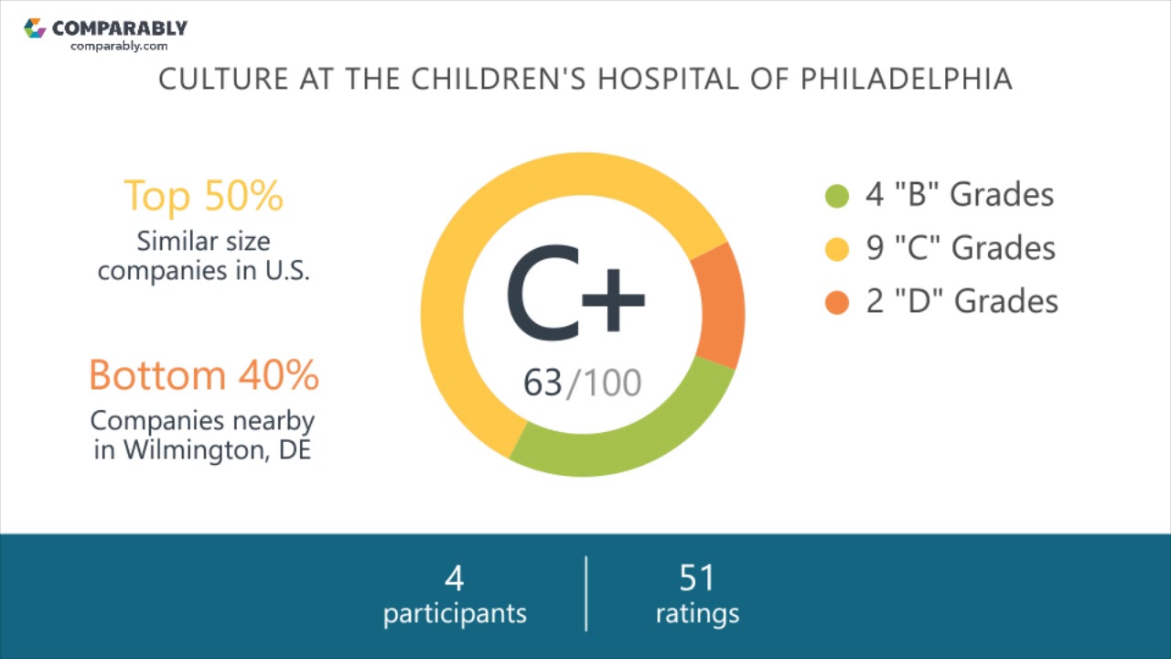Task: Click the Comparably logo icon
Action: tap(35, 28)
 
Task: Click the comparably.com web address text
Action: tap(119, 46)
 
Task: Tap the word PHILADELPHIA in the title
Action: tap(907, 79)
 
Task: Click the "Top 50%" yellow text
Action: tap(203, 195)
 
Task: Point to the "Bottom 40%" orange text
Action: tap(203, 374)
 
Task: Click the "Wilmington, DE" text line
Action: tap(202, 450)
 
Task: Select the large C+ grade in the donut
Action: tap(575, 291)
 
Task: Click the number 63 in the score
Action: tap(543, 383)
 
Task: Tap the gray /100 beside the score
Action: tap(604, 383)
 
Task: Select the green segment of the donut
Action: tap(622, 443)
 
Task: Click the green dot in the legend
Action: tap(837, 196)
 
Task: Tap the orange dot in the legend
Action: tap(837, 302)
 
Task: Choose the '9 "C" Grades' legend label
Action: tap(961, 248)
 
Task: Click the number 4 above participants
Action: tap(455, 578)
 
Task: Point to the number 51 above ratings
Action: tap(697, 578)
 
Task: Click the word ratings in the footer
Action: tap(697, 613)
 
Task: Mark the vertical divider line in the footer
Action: tap(585, 593)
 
